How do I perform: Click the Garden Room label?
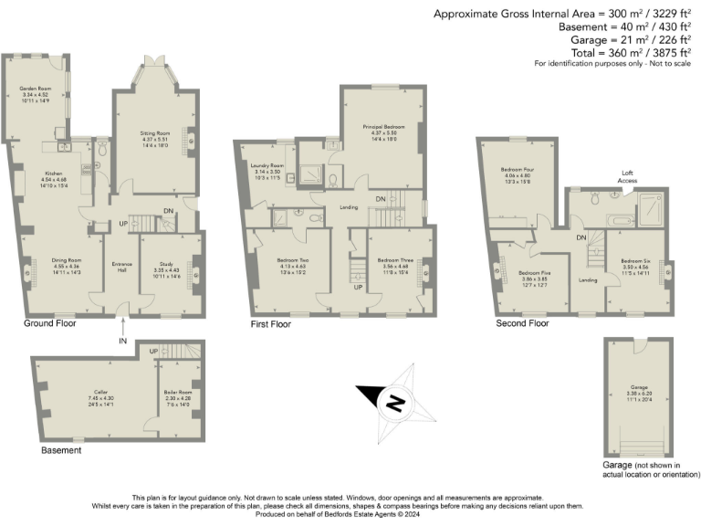[x=39, y=89]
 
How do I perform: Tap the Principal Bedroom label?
[x=383, y=126]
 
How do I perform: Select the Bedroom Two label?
[x=295, y=260]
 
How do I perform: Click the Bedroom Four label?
[x=517, y=170]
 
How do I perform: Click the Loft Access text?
[x=628, y=176]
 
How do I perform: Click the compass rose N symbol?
[x=394, y=400]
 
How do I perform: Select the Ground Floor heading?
[x=49, y=323]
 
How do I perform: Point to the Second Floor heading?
[x=522, y=323]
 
